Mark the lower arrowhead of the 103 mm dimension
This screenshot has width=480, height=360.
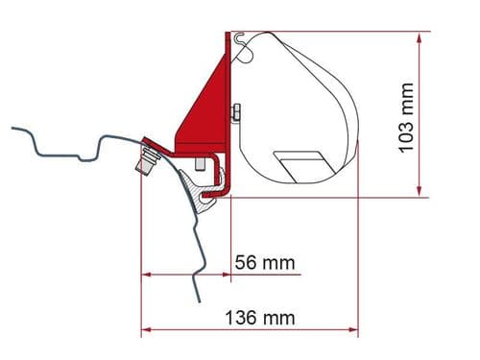click(x=420, y=192)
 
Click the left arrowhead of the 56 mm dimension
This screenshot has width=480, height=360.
click(x=146, y=275)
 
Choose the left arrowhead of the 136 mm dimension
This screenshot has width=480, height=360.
click(x=146, y=330)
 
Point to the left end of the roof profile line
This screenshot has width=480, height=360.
click(x=12, y=129)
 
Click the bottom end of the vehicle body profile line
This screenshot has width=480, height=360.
click(x=200, y=301)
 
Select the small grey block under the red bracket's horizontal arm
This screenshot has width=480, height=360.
click(x=199, y=165)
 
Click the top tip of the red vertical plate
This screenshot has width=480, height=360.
click(x=228, y=35)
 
